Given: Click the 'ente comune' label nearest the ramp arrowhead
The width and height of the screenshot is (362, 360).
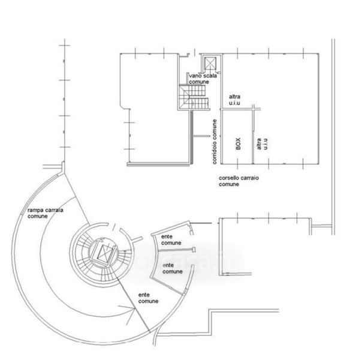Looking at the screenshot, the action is point(148,298).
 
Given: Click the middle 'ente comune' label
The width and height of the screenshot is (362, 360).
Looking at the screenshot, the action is point(173,267).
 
